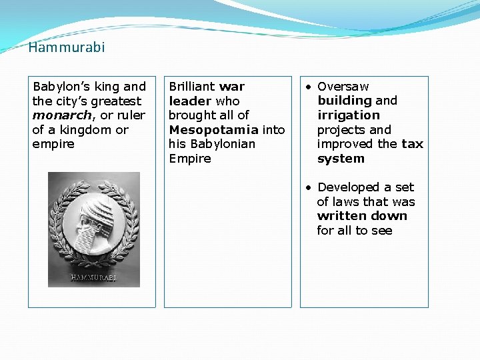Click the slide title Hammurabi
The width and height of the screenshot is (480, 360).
click(67, 47)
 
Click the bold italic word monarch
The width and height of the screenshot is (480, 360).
click(63, 115)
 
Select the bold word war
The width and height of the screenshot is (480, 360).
click(231, 87)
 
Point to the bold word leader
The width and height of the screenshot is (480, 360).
click(190, 101)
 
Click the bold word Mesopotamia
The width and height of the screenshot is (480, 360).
click(213, 130)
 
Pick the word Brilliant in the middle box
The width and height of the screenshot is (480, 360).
click(192, 87)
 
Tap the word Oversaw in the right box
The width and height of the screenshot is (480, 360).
click(343, 87)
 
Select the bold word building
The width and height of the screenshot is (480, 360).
click(345, 101)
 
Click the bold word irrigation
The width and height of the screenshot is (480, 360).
click(348, 115)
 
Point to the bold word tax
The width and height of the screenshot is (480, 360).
click(412, 144)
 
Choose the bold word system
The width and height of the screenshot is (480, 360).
click(341, 159)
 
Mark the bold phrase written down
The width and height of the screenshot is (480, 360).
click(362, 216)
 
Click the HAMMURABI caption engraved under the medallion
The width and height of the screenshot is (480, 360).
click(93, 277)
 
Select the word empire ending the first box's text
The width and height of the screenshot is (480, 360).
click(53, 144)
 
